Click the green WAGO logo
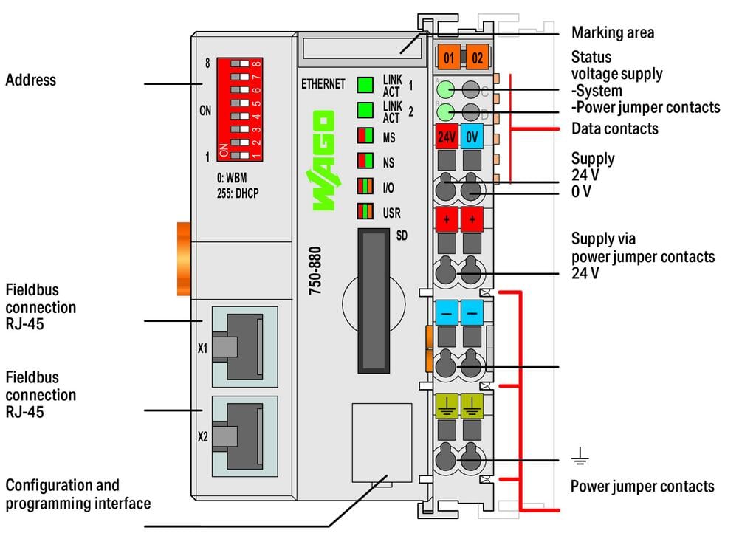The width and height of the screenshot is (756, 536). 323,160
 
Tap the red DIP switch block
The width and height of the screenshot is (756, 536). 239,110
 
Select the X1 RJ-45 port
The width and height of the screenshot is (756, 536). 241,347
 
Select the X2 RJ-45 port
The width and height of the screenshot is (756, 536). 241,435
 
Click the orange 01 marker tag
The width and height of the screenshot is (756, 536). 449,56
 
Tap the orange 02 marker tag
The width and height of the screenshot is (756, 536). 477,56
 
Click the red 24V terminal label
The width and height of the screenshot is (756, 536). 447,137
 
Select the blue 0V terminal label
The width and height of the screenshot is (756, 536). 472,137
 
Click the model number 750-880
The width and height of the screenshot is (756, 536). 316,271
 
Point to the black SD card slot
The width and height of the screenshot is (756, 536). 374,300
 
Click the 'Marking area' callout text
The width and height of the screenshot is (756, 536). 612,32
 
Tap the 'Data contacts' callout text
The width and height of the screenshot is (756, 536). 614,128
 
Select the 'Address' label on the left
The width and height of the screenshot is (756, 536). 31,80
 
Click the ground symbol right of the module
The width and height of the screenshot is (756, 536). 580,459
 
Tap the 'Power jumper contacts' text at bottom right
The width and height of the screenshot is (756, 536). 642,486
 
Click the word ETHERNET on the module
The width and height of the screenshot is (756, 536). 323,84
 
